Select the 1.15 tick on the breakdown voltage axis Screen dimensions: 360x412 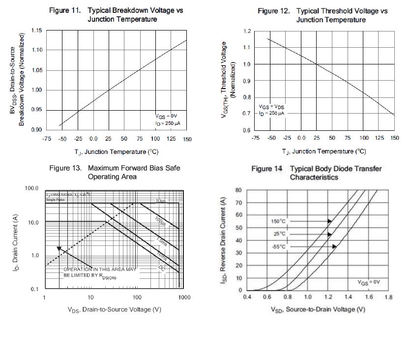[x=36, y=30]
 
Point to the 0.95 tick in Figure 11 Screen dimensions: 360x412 [x=36, y=110]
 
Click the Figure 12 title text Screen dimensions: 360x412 [x=330, y=15]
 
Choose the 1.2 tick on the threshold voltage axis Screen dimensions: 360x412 [x=247, y=31]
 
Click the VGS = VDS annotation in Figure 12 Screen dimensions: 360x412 [x=272, y=107]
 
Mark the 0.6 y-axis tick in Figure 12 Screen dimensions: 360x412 [x=247, y=130]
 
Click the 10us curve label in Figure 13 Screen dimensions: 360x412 [x=160, y=201]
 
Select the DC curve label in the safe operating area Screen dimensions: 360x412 [x=162, y=268]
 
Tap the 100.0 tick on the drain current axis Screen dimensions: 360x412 [x=31, y=188]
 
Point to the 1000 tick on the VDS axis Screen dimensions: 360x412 [x=184, y=298]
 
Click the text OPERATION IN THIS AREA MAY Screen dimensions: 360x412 [x=99, y=270]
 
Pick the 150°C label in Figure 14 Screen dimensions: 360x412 [x=279, y=221]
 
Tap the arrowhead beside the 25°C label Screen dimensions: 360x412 [x=330, y=234]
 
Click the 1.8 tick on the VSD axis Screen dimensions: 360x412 [x=388, y=297]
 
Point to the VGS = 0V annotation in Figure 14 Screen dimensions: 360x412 [x=369, y=282]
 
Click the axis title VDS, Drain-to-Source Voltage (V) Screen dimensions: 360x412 [x=114, y=309]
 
